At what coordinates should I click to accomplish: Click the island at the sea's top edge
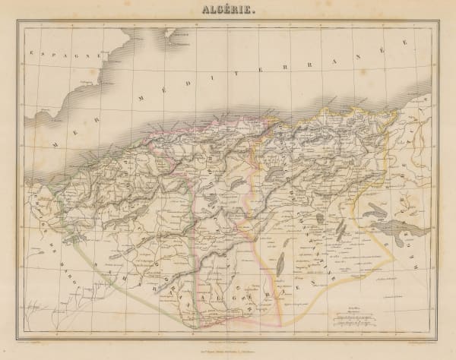[x=179, y=34]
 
